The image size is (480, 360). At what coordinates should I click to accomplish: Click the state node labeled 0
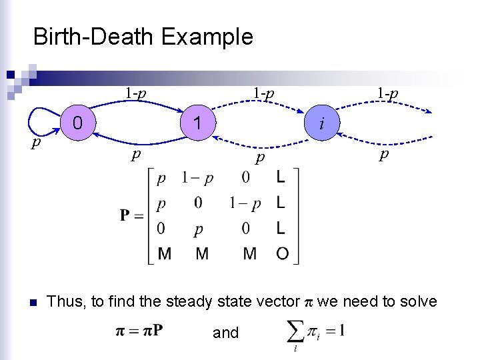[x=78, y=123]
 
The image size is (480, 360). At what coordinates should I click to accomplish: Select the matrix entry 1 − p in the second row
[x=245, y=203]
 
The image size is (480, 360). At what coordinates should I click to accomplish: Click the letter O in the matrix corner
[x=283, y=253]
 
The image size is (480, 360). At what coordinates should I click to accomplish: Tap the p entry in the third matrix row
[x=199, y=229]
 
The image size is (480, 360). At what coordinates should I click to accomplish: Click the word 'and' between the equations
[x=225, y=333]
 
